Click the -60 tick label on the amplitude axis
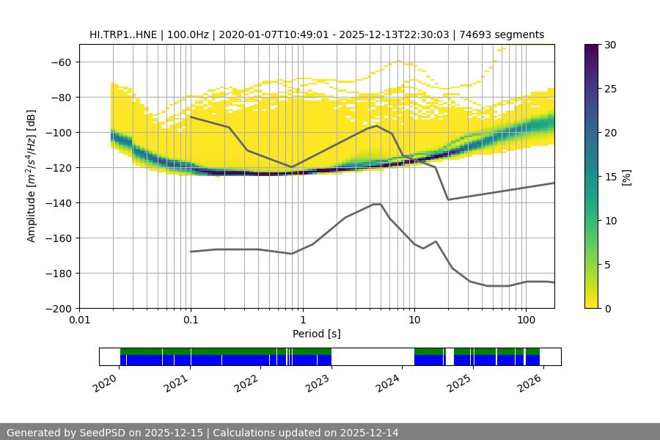point(59,62)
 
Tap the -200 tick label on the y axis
point(59,309)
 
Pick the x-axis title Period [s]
point(316,334)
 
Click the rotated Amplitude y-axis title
point(32,176)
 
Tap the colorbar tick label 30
point(610,45)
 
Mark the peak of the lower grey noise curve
point(377,204)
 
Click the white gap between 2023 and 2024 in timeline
point(373,356)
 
